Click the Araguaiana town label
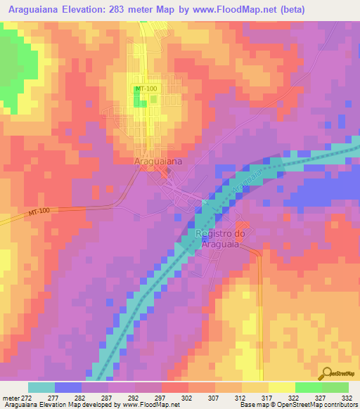point(157,161)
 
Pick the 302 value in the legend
point(187,397)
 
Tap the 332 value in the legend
point(347,397)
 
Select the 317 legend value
point(267,397)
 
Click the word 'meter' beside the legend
point(10,397)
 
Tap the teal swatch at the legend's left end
point(41,387)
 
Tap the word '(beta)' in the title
point(289,9)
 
